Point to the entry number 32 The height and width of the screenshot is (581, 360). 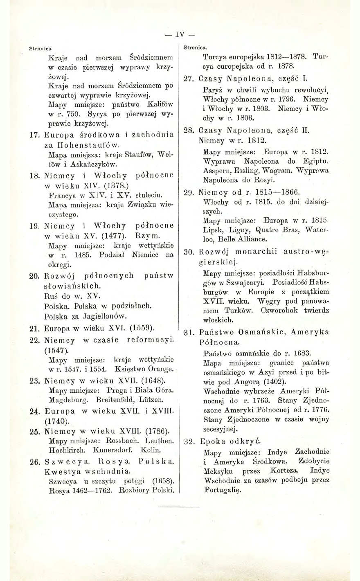point(189,441)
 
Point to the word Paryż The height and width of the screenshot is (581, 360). point(212,89)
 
